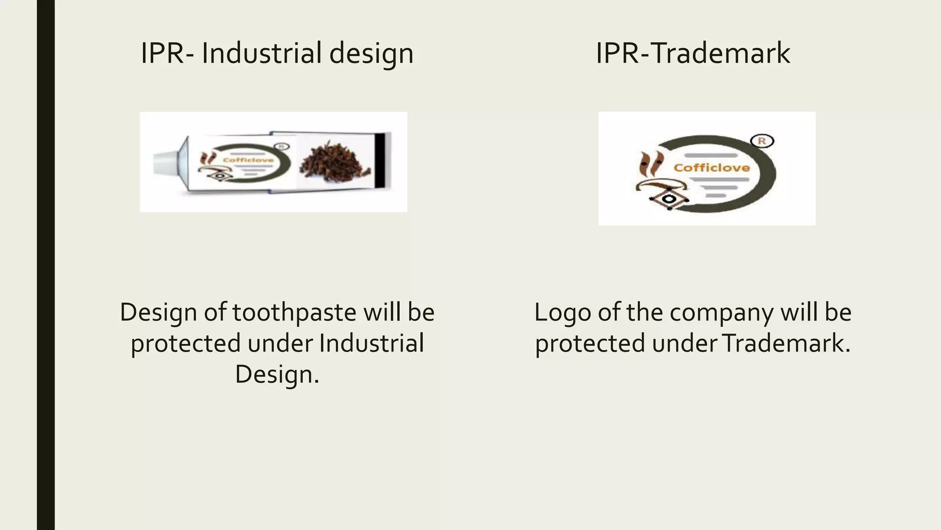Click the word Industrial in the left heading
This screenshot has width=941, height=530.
pyautogui.click(x=261, y=53)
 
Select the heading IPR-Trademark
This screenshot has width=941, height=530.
pyautogui.click(x=693, y=53)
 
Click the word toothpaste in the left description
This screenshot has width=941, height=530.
pyautogui.click(x=294, y=312)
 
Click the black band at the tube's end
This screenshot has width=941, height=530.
pyautogui.click(x=380, y=161)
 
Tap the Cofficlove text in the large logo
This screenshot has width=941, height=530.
pyautogui.click(x=712, y=168)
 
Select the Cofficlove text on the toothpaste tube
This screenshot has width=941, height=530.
pyautogui.click(x=248, y=160)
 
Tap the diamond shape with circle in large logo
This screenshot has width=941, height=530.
pyautogui.click(x=669, y=199)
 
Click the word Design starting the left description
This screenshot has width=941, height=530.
pyautogui.click(x=159, y=312)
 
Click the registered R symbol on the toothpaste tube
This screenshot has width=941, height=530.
pyautogui.click(x=282, y=147)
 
